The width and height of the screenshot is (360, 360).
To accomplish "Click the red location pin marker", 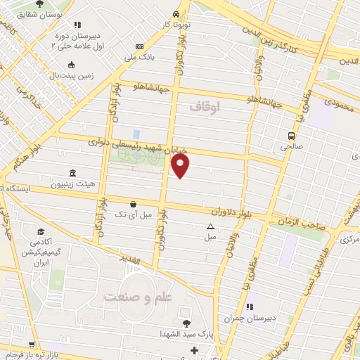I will click(181, 165).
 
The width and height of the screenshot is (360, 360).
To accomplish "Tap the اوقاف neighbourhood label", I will click(205, 106).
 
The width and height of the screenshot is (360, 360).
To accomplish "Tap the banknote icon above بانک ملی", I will click(139, 46).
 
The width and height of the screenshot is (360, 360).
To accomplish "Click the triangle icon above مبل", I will click(210, 226).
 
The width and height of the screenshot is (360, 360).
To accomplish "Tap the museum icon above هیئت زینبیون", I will click(72, 174).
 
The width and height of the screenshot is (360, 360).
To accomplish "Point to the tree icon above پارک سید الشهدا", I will click(186, 323).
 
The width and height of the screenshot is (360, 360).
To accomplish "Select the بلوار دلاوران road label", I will click(230, 210).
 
